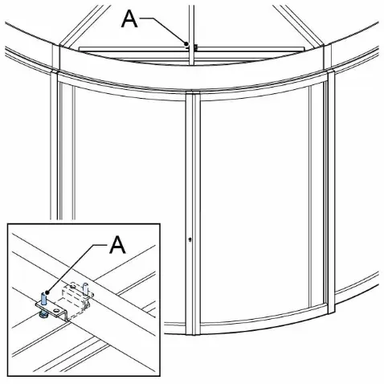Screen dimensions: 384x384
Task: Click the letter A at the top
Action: (129, 19)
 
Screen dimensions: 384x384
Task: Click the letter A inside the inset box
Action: (117, 245)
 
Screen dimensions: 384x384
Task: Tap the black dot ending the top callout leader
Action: (186, 43)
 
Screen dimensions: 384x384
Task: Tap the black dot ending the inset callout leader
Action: (47, 292)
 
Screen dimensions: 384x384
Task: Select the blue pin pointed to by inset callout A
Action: (43, 299)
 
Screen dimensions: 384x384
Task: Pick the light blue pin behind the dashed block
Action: (85, 288)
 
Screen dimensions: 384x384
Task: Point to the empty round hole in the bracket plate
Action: (56, 310)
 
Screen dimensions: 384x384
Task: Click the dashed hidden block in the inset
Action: (75, 298)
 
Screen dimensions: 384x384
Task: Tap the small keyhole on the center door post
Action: (190, 239)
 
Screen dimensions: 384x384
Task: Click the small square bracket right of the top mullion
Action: (195, 47)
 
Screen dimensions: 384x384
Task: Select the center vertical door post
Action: (193, 213)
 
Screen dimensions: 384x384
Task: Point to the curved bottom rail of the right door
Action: (263, 317)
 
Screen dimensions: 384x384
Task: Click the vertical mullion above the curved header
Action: (191, 35)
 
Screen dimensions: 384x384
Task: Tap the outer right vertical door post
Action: (331, 191)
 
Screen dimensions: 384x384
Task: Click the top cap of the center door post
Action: (193, 92)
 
